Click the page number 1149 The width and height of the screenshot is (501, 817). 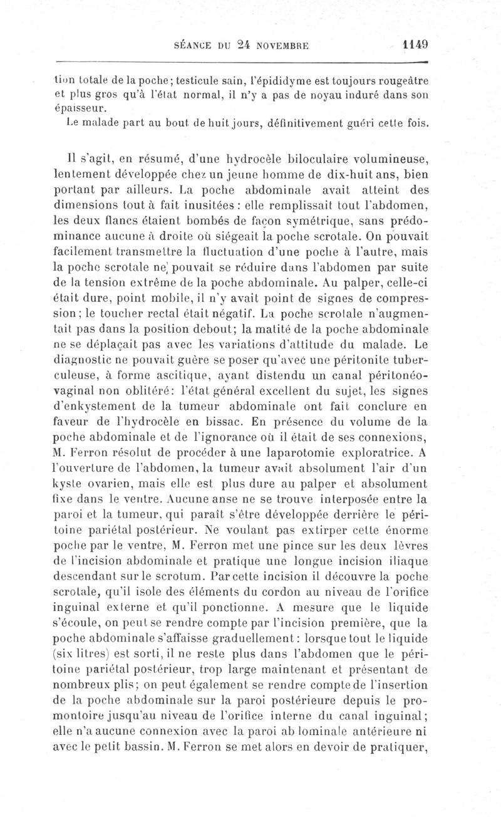tap(415, 45)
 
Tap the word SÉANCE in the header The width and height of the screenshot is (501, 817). tap(192, 46)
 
